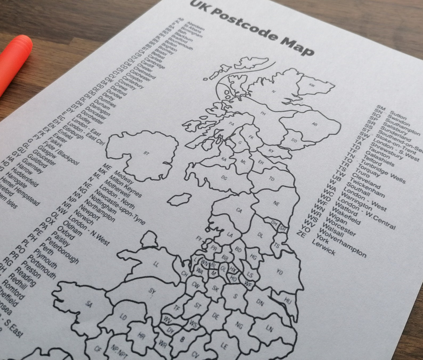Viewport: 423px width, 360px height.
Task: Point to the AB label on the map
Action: click(x=315, y=124)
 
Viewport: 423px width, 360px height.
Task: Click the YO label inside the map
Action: click(x=279, y=272)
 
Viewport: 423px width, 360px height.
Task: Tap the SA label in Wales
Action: click(x=89, y=304)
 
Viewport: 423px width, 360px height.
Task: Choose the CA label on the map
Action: click(x=239, y=211)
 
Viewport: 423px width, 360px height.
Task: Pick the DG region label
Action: click(x=224, y=178)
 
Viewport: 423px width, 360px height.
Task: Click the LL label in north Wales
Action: click(x=156, y=264)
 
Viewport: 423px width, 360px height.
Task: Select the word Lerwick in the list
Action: click(x=323, y=247)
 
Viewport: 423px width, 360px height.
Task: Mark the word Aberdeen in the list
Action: click(x=196, y=25)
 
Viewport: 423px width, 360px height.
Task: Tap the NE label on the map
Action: click(x=276, y=204)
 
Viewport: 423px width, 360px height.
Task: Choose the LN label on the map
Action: click(x=269, y=329)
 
